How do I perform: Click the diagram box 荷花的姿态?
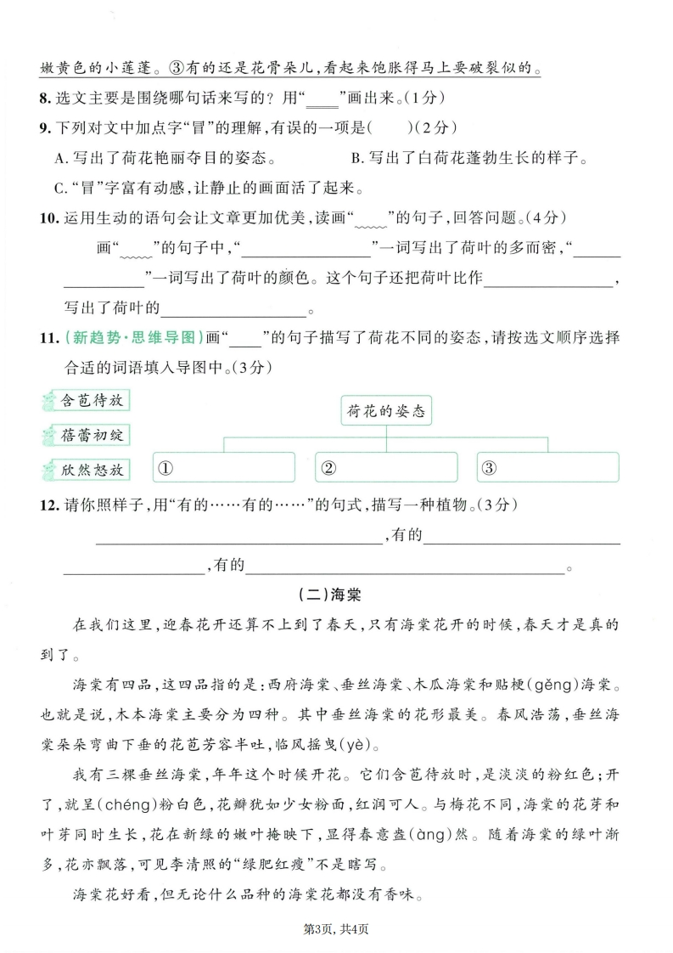(386, 412)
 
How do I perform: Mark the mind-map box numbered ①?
(224, 468)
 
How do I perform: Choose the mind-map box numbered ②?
(386, 468)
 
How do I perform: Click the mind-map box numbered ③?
(547, 468)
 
